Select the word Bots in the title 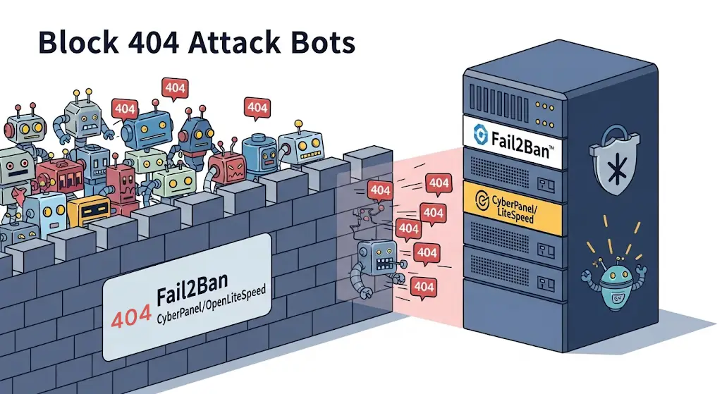[x=326, y=43]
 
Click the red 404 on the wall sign [x=131, y=314]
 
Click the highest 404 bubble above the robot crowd [x=174, y=88]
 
